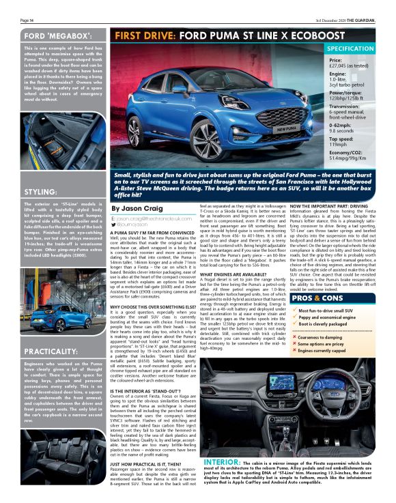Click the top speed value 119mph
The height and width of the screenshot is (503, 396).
click(339, 146)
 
